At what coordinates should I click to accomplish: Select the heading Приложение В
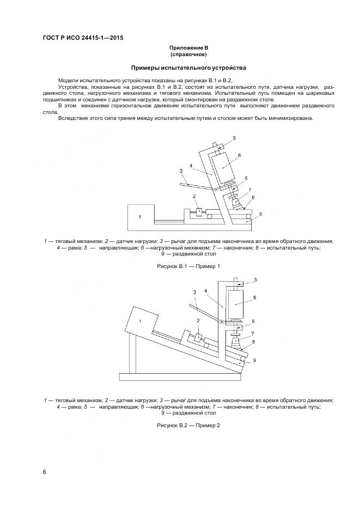[188, 48]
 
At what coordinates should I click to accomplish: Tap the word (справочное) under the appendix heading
[188, 55]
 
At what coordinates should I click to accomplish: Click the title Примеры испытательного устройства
[188, 68]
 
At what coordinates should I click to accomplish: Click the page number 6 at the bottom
[44, 472]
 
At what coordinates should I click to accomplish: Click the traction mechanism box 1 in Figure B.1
[139, 217]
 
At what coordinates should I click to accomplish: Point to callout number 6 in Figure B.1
[239, 155]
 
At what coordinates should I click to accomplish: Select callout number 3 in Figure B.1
[180, 171]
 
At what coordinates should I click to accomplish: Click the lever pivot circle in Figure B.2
[222, 323]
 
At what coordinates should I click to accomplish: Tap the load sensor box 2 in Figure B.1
[200, 210]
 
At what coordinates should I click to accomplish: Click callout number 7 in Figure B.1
[249, 190]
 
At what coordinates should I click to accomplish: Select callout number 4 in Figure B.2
[206, 291]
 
